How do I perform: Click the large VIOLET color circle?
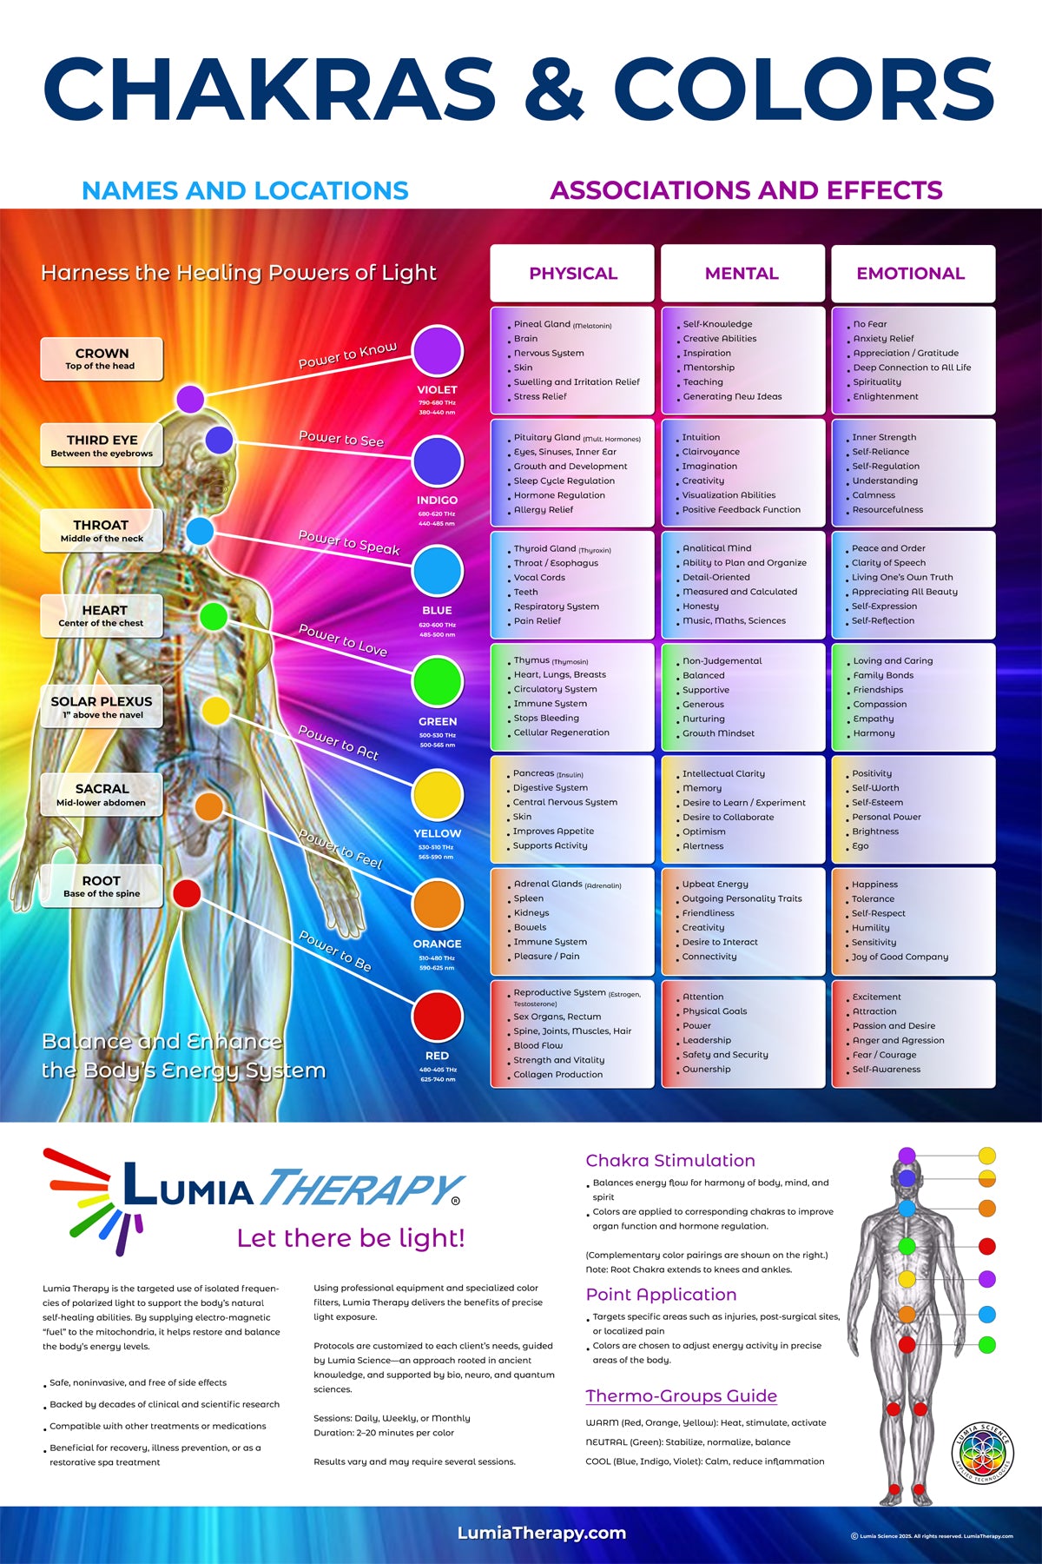438,351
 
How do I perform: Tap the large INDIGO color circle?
438,461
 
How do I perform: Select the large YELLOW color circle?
438,794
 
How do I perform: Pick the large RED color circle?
438,1016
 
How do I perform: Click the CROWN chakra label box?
102,359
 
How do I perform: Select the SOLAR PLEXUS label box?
102,706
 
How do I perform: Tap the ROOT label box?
102,885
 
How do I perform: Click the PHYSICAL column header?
572,273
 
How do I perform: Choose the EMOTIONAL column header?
911,273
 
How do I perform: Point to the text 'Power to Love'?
343,640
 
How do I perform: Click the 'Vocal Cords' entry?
539,578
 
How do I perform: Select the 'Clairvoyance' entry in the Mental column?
711,452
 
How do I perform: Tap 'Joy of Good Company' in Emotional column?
900,957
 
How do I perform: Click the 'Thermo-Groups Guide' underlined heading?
681,1396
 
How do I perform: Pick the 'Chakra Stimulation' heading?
670,1161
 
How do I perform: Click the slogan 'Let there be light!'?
351,1238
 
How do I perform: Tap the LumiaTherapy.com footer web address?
542,1534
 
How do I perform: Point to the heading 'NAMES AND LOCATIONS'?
245,190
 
